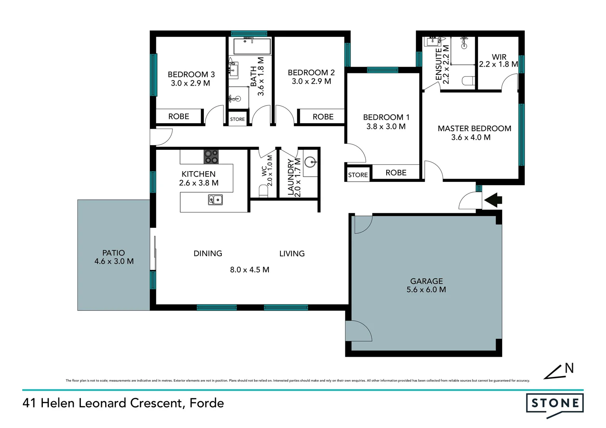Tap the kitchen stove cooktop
[211, 157]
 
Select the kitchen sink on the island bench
[215, 200]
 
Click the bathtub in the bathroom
[252, 46]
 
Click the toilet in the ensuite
[468, 80]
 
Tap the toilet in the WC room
[263, 191]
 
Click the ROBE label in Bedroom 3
[178, 117]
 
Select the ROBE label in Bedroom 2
[323, 117]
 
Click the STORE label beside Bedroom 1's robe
[358, 175]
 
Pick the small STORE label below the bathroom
[237, 119]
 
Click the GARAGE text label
[426, 281]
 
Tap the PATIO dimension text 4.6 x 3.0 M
[114, 262]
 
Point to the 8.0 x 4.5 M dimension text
[249, 270]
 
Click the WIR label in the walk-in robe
[499, 57]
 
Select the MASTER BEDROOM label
[474, 128]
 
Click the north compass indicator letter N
[569, 368]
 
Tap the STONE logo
[555, 403]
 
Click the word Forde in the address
[207, 403]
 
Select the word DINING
[208, 254]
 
